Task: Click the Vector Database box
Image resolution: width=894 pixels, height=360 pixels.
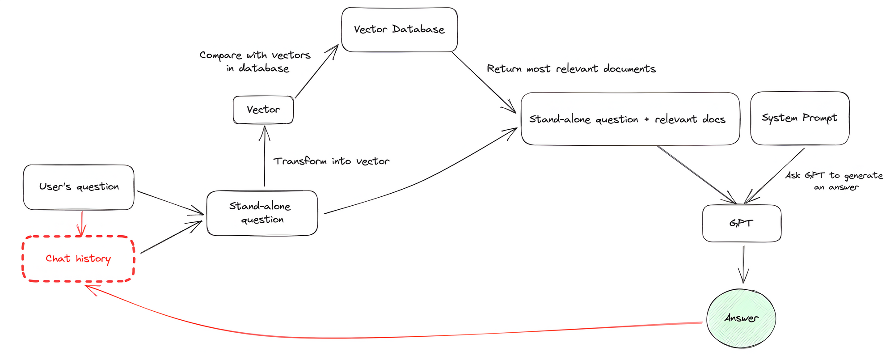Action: [399, 30]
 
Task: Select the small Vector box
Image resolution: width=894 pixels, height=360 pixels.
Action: [263, 110]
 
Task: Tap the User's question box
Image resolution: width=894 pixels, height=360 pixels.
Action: [79, 187]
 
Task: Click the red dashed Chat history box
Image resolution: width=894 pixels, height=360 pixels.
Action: [78, 259]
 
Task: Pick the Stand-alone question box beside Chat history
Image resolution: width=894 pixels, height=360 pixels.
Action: [262, 213]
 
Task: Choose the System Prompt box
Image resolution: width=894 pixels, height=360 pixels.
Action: [800, 118]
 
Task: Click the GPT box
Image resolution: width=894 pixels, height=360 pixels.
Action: [742, 223]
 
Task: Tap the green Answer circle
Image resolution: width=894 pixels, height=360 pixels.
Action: [741, 318]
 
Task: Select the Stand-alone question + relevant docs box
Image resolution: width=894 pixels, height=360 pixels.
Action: [630, 119]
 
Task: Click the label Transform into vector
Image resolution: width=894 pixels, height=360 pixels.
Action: [331, 161]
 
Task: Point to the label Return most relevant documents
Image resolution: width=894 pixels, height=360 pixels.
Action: [571, 69]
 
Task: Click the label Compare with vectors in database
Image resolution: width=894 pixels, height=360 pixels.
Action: [255, 62]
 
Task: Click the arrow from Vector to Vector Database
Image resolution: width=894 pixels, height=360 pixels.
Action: [316, 72]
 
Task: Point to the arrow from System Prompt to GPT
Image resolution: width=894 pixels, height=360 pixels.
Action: [776, 175]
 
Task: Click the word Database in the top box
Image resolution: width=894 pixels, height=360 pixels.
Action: [418, 30]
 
